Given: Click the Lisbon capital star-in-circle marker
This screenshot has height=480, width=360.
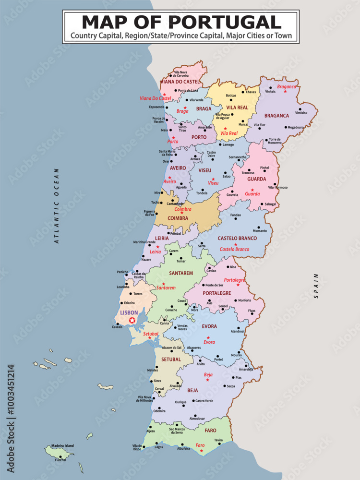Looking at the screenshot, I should [x=132, y=320].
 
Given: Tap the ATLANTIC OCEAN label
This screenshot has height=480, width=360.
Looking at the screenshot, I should [x=56, y=206].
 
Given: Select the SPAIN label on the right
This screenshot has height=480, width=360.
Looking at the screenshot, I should [x=316, y=286].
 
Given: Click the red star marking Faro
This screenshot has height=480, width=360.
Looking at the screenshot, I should [x=201, y=451].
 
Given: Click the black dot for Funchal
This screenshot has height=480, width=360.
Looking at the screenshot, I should [x=60, y=456].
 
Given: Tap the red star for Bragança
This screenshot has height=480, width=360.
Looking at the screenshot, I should [x=285, y=91].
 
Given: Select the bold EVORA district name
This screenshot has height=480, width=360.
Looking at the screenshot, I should [x=209, y=326].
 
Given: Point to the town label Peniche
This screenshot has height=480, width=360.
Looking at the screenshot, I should [x=122, y=272].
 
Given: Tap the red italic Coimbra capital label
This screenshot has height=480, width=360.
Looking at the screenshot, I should [x=183, y=209].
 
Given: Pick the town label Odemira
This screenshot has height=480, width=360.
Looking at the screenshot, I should [x=159, y=411].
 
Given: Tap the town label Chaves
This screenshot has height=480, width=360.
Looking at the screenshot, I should [x=251, y=92].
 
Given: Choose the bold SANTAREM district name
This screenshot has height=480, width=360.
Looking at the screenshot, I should [x=180, y=273].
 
